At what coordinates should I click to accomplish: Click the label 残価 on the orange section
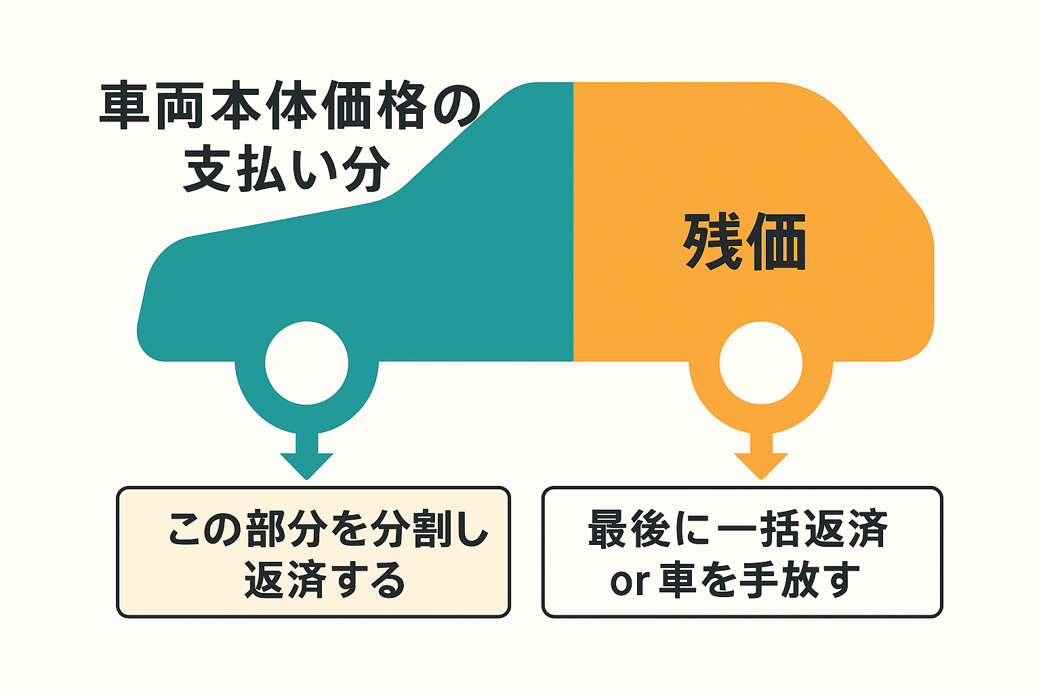745,242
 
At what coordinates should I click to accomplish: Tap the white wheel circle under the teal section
307,363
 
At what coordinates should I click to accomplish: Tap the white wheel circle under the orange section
761,363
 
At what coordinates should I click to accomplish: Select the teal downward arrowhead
307,466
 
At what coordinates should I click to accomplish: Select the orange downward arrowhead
761,466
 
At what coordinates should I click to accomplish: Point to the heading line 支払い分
286,168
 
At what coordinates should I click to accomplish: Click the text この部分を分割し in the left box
328,529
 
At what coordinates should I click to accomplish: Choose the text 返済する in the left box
325,579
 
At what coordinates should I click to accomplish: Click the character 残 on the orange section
712,242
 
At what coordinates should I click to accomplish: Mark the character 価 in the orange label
776,242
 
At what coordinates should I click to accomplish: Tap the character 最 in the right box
609,529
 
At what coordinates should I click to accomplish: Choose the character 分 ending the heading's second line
366,168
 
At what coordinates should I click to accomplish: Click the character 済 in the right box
867,529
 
